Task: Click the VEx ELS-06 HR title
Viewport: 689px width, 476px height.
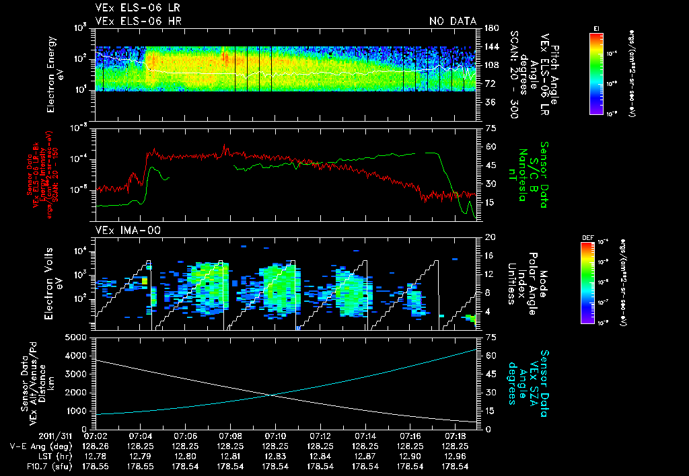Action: coord(138,21)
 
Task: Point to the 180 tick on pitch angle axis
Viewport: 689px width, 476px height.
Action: coord(490,28)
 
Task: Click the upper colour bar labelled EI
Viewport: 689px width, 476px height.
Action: coord(596,72)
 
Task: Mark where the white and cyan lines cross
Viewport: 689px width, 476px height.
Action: coord(271,395)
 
